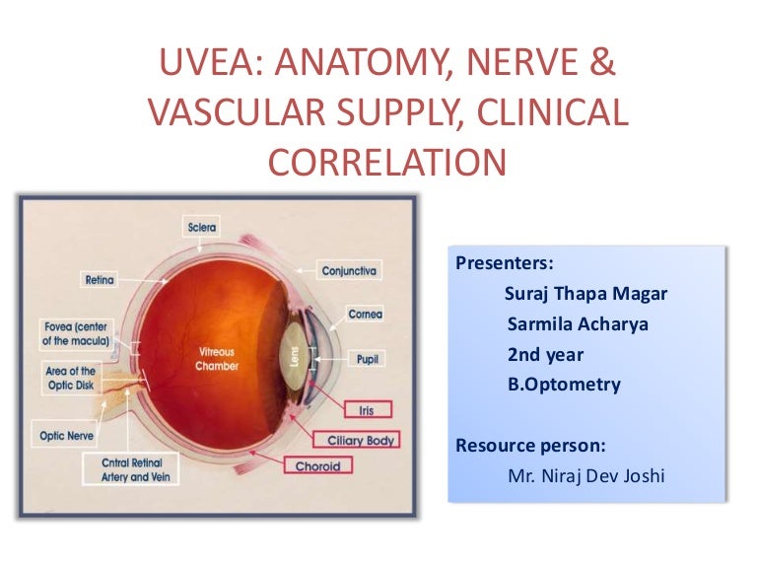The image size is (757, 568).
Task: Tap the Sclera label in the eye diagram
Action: (x=202, y=228)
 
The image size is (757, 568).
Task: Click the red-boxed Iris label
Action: (x=367, y=408)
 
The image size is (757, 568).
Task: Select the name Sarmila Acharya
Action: (x=578, y=323)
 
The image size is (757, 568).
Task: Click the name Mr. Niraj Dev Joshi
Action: (x=585, y=476)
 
